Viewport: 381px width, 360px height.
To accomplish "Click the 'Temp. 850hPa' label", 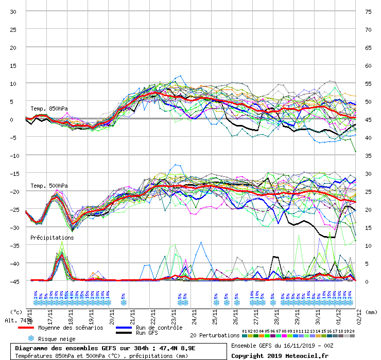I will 49,109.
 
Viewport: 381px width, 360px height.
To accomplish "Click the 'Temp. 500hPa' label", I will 49,186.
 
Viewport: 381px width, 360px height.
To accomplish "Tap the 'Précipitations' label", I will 52,238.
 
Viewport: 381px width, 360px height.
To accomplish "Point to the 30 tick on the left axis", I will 13,11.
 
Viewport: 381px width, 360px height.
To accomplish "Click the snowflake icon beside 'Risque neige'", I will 30,339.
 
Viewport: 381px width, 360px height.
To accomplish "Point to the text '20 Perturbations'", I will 215,335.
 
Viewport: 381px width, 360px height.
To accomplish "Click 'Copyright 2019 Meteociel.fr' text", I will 273,355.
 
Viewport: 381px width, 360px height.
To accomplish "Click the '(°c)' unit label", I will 16,312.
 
